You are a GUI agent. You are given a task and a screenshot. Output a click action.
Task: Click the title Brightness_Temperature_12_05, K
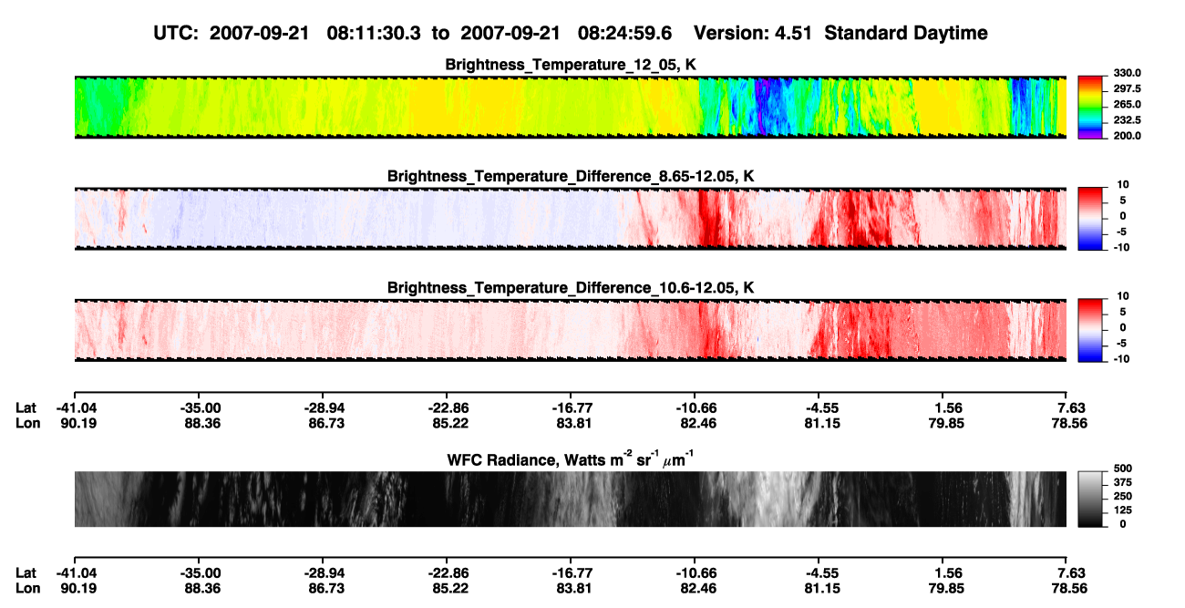click(571, 65)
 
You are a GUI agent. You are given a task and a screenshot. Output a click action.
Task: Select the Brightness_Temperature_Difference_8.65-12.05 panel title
click(571, 176)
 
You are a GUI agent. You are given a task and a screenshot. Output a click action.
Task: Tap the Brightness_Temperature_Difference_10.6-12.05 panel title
click(571, 288)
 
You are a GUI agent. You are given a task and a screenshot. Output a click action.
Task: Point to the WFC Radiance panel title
click(571, 459)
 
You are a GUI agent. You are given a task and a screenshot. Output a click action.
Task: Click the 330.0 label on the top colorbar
click(1127, 73)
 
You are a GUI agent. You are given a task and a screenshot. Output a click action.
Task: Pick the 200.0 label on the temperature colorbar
click(1127, 136)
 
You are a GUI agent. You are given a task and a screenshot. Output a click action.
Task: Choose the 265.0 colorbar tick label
click(1127, 104)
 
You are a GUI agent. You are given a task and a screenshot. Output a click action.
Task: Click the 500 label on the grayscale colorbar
click(1123, 469)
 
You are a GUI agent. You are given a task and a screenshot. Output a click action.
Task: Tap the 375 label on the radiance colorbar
click(1123, 482)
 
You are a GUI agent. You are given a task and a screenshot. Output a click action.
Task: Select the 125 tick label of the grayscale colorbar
click(1123, 510)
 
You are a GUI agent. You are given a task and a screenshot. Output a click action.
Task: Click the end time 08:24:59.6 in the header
click(624, 34)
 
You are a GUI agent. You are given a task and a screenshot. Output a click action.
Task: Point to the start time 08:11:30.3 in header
click(374, 34)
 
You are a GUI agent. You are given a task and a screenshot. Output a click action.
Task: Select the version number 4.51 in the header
click(793, 34)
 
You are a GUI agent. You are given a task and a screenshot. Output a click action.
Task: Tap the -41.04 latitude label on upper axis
click(77, 408)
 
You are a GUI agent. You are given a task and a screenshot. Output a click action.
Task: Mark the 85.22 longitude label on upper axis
click(450, 423)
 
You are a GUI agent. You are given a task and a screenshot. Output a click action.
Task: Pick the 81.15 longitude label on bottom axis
click(822, 589)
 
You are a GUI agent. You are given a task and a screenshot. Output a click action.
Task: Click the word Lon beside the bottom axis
click(28, 589)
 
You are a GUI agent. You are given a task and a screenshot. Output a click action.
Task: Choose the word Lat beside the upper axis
click(26, 408)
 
